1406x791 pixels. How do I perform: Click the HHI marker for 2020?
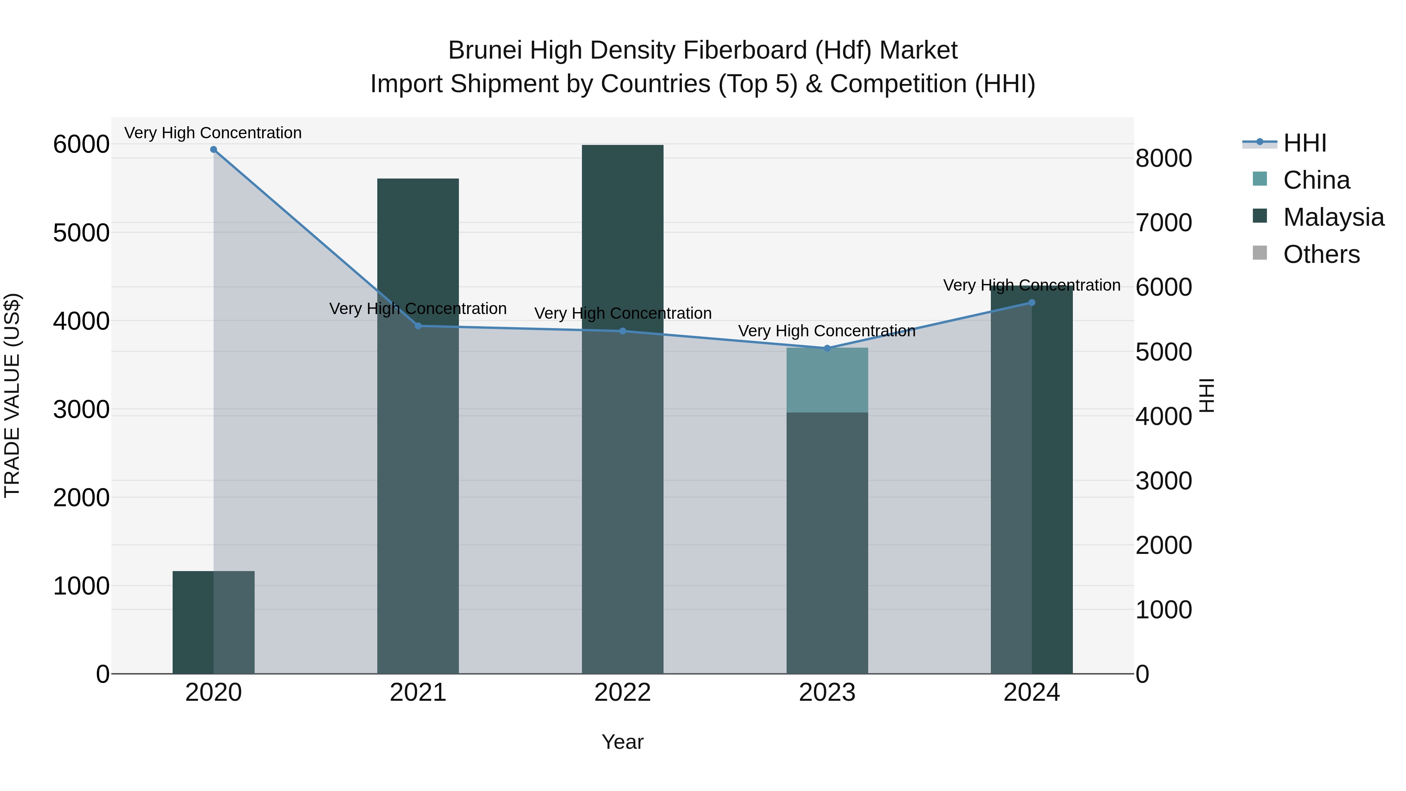[x=213, y=150]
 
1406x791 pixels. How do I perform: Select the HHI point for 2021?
[x=418, y=326]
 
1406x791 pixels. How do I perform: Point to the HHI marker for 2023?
[x=827, y=348]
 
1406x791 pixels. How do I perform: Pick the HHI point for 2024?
[x=1031, y=302]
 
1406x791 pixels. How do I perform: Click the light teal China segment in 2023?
[x=827, y=380]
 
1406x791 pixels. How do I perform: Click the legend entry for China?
[x=1316, y=180]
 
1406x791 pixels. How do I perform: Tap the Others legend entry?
[x=1321, y=254]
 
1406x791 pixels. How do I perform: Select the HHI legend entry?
[x=1304, y=143]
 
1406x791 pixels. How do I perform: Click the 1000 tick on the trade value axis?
[x=81, y=586]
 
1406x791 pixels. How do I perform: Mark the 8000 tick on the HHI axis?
[x=1164, y=158]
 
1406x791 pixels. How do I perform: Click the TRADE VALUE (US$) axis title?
[x=12, y=395]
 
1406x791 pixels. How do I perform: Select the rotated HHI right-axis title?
[x=1207, y=395]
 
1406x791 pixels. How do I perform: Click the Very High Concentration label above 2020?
[x=213, y=133]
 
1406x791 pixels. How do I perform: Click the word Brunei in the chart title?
[x=485, y=51]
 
